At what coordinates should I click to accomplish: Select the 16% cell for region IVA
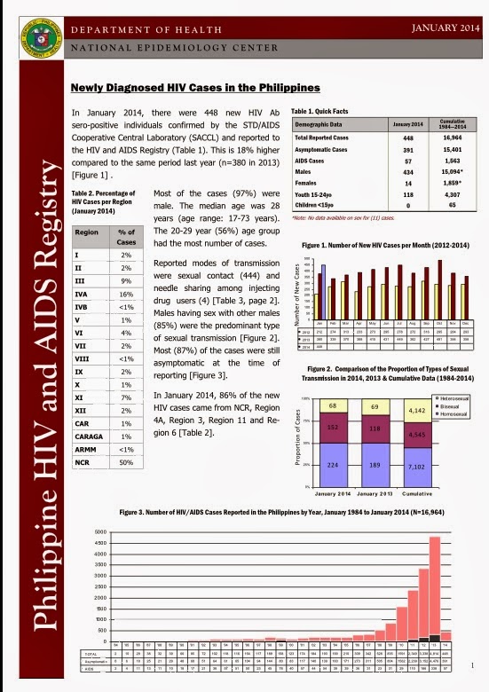tap(125, 291)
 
